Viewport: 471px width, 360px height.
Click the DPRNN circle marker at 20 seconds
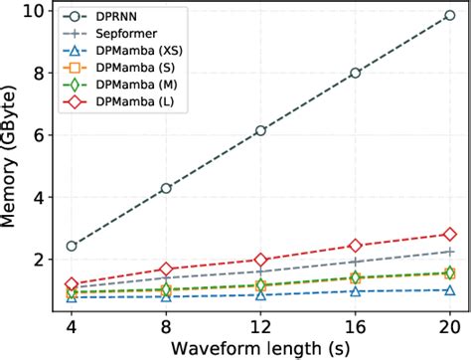coord(449,15)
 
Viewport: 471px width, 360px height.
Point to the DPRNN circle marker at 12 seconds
coord(260,130)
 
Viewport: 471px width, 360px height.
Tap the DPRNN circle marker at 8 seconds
coord(166,188)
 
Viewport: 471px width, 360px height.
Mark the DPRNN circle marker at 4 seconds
coord(72,246)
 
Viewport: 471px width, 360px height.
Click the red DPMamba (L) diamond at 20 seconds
coord(449,234)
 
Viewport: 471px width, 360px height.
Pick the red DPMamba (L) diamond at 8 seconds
coord(166,269)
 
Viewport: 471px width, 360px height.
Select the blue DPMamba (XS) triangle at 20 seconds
coord(449,290)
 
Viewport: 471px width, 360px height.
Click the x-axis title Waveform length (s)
coord(260,347)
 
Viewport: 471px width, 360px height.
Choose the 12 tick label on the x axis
coord(260,324)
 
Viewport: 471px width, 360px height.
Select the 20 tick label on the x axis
coord(449,324)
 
